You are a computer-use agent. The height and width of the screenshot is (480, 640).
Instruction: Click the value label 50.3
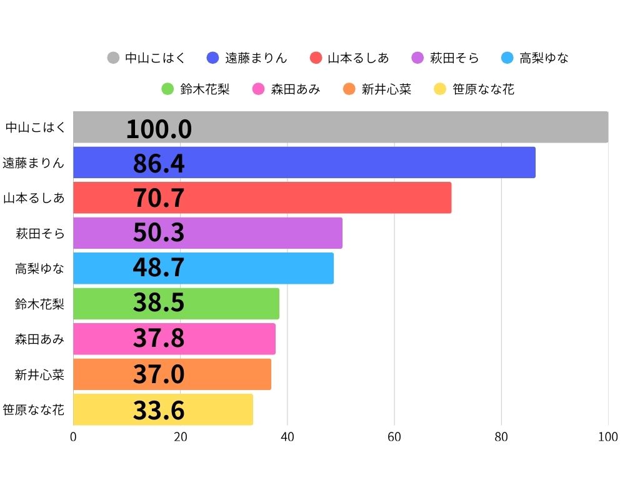click(159, 232)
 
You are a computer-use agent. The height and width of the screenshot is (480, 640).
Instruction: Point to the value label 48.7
click(159, 268)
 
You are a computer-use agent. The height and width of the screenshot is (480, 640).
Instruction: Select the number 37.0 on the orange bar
click(159, 374)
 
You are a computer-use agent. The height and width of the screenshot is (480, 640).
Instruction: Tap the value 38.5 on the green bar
click(159, 303)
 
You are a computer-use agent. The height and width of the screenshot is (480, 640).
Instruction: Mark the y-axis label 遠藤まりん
click(34, 163)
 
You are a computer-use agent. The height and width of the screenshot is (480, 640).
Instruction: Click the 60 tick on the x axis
click(394, 437)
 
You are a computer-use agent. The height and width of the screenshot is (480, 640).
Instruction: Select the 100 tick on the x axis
click(607, 437)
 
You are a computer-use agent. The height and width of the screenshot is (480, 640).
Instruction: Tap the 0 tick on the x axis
click(74, 437)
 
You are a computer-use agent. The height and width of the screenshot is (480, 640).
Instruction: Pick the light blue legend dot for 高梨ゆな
click(507, 58)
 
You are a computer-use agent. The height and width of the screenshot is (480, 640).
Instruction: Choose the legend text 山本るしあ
click(358, 58)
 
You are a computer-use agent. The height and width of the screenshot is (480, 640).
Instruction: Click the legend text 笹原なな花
click(483, 89)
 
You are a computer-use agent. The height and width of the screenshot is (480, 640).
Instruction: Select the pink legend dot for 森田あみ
click(258, 89)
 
